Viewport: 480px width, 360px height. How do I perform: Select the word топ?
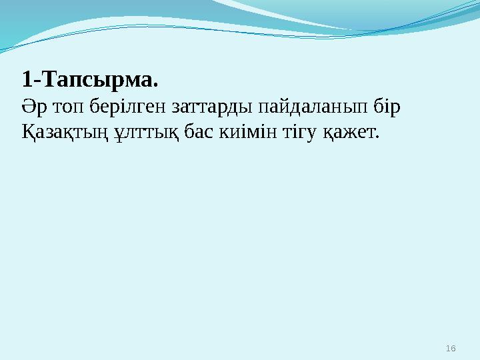pyautogui.click(x=65, y=108)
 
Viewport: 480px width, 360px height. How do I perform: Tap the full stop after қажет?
pyautogui.click(x=377, y=137)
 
